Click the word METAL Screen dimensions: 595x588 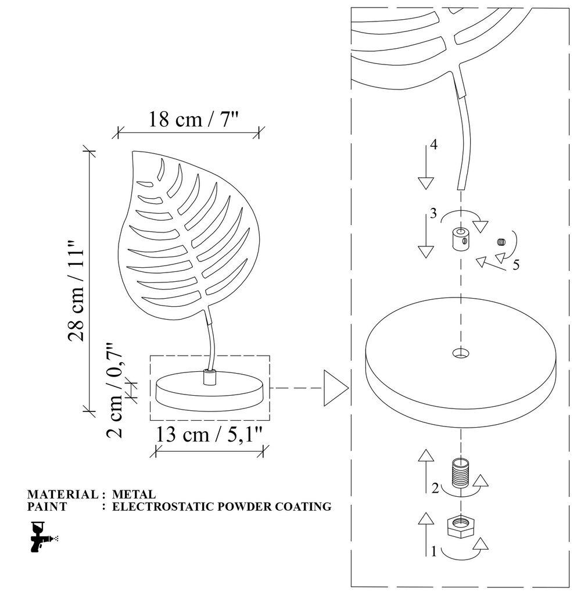click(134, 495)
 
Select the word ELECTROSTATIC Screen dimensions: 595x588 click(153, 507)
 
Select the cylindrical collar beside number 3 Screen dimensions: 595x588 click(460, 238)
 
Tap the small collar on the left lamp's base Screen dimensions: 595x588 click(209, 378)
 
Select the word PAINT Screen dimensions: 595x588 click(47, 507)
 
